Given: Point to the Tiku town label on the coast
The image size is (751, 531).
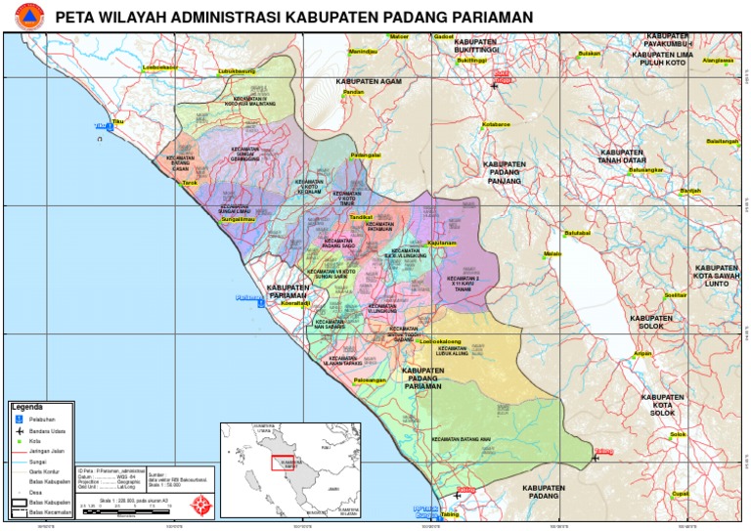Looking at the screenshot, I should [x=118, y=121].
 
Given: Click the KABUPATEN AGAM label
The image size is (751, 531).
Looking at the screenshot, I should [x=369, y=81].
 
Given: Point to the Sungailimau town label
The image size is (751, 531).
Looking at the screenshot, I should [x=238, y=219].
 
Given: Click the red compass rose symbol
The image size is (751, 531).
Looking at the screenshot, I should [x=202, y=505].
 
